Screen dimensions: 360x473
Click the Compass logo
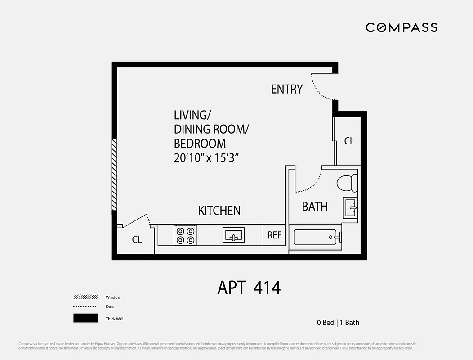(x=401, y=27)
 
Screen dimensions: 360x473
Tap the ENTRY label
(x=286, y=89)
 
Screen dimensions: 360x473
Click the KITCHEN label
(x=219, y=210)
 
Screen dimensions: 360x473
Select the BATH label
(x=315, y=207)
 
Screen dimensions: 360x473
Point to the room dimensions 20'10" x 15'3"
(x=206, y=158)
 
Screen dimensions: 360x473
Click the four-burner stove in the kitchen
(x=186, y=235)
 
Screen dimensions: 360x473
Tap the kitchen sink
(x=233, y=235)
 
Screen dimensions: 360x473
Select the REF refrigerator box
(x=274, y=235)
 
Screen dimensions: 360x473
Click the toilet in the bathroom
(x=347, y=183)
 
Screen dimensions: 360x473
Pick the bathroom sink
(x=350, y=208)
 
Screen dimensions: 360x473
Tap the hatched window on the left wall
(x=114, y=175)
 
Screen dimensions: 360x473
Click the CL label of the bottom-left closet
(x=137, y=240)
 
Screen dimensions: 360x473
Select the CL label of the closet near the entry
(x=349, y=141)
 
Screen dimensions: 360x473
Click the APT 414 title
(x=249, y=287)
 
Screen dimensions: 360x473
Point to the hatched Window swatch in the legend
(x=85, y=297)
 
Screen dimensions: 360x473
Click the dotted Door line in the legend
(x=85, y=307)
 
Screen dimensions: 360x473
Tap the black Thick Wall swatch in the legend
(x=85, y=318)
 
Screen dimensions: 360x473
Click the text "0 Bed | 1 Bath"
(x=338, y=322)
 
